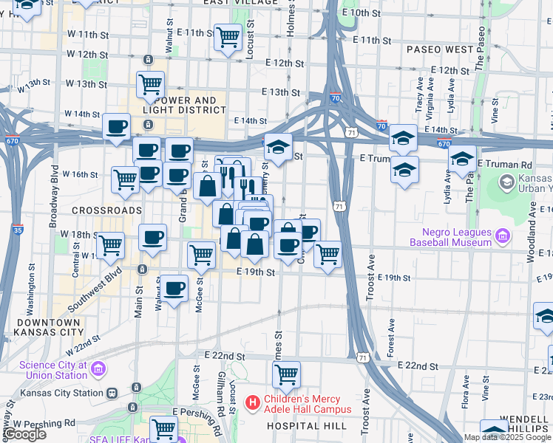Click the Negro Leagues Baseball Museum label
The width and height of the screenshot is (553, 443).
pyautogui.click(x=452, y=236)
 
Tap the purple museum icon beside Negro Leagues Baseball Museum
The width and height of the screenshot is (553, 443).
pyautogui.click(x=502, y=236)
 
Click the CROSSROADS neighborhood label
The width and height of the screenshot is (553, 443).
pyautogui.click(x=107, y=210)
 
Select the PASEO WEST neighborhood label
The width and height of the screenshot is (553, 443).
pyautogui.click(x=440, y=49)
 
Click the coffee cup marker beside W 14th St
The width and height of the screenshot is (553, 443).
pyautogui.click(x=116, y=126)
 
